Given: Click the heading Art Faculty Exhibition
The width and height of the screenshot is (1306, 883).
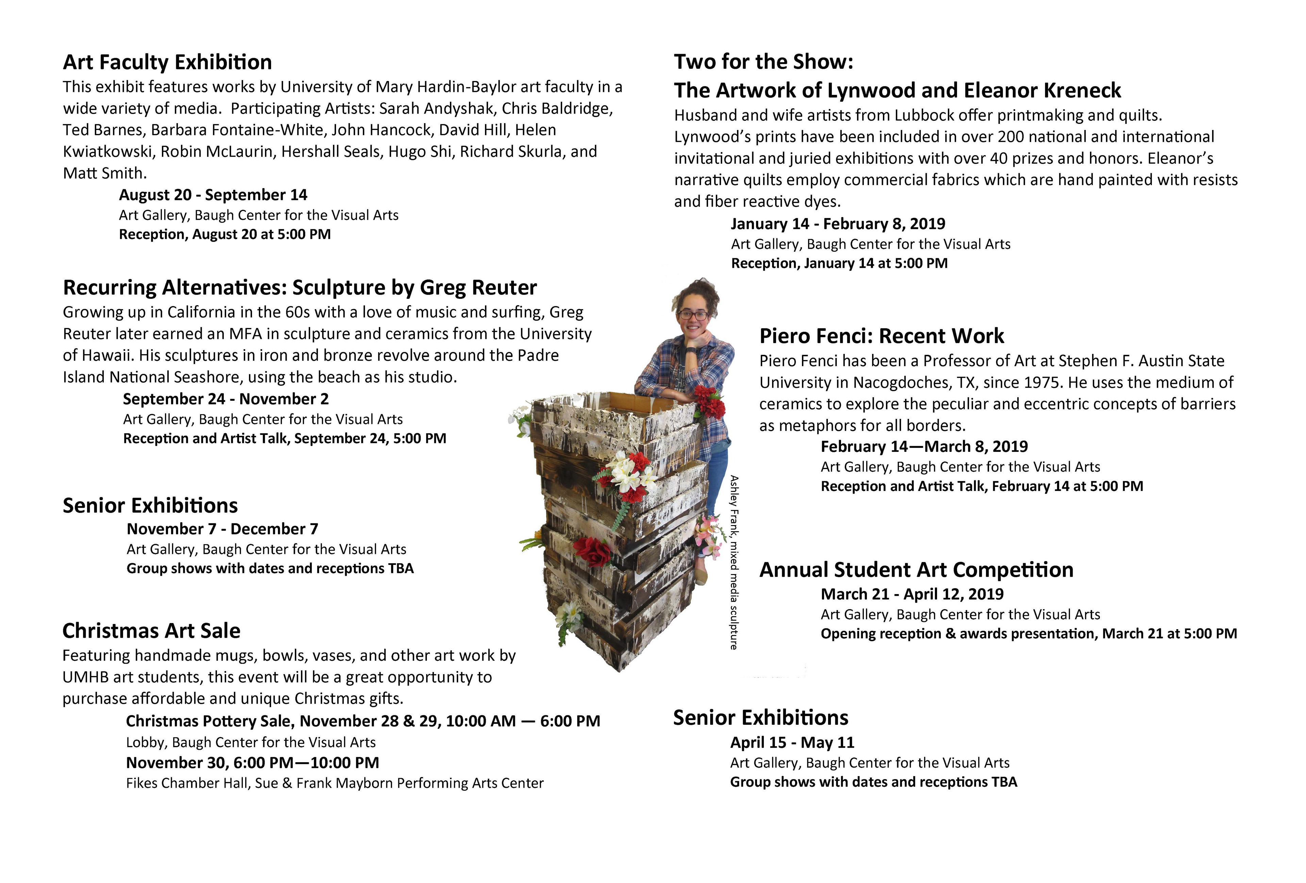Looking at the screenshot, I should [167, 62].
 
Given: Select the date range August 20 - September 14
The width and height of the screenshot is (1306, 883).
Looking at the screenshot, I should [213, 195].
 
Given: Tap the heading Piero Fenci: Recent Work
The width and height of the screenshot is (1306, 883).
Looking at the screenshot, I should [881, 336].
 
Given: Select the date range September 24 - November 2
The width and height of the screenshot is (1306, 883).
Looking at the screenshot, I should [226, 399].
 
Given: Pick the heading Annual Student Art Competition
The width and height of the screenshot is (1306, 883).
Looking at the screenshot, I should [916, 570].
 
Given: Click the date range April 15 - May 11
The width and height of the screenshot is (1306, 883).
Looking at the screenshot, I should [792, 742].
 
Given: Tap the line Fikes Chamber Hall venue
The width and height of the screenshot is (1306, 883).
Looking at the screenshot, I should [334, 783].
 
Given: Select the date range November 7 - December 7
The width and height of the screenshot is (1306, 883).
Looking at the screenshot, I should [222, 529].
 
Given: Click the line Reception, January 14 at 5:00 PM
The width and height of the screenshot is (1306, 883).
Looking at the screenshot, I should [839, 263].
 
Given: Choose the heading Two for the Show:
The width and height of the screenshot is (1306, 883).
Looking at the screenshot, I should [763, 62].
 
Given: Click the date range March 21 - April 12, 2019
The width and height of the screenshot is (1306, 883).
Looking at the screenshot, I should [911, 594].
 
